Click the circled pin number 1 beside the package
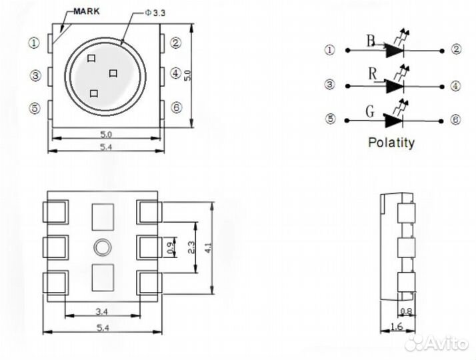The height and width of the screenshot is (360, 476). point(34,43)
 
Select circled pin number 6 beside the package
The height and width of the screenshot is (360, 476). point(176,107)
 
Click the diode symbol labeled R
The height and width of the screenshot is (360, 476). point(395,86)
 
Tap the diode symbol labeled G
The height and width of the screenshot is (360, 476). point(395,120)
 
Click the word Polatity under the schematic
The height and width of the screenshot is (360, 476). point(391,142)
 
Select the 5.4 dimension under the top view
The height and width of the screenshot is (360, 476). point(105,146)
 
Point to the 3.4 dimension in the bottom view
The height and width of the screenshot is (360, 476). point(103,311)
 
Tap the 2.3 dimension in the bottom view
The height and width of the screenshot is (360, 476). point(191,248)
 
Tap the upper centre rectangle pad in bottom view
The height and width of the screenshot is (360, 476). point(103,217)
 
